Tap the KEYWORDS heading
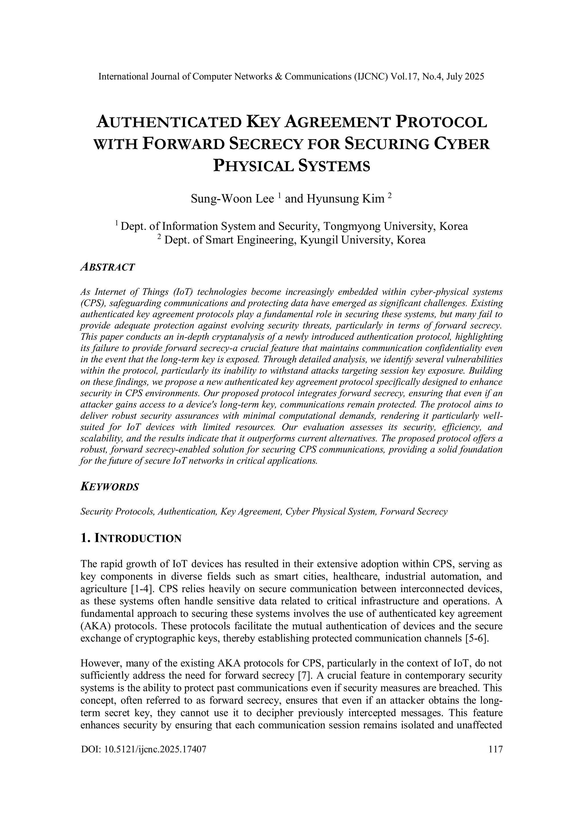[110, 487]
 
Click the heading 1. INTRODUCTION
[131, 538]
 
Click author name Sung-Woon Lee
[232, 199]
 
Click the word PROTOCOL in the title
[441, 122]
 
